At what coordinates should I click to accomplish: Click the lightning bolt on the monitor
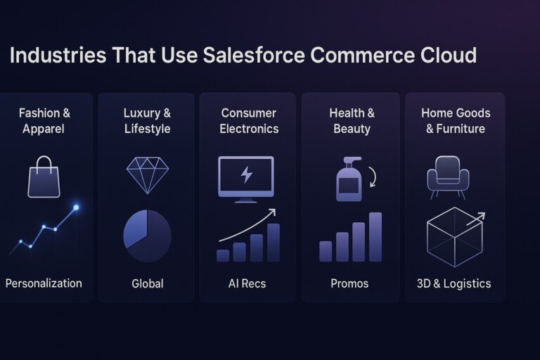coord(246,175)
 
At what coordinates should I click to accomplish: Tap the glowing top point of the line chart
coord(76,207)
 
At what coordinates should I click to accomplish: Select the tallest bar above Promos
coord(375,237)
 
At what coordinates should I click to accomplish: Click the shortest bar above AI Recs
coord(223,255)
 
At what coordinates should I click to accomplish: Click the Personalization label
coord(44,283)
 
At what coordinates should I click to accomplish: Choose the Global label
coord(147,284)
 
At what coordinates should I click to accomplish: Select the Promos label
coord(349,284)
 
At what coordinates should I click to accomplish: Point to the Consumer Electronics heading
coord(249,121)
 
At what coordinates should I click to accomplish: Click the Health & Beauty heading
coord(352,121)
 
